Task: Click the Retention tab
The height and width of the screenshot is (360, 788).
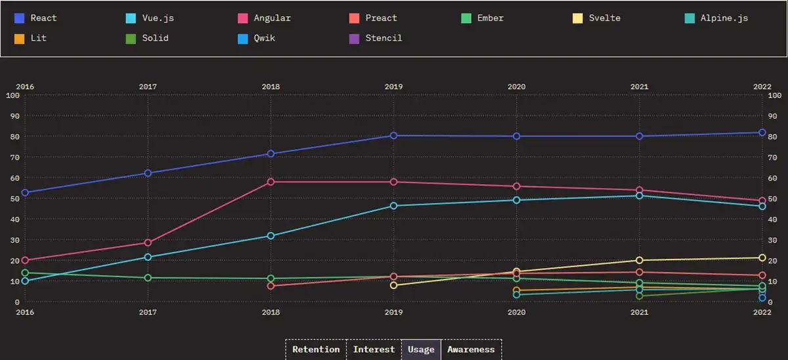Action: click(x=316, y=349)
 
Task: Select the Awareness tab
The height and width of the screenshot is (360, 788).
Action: click(x=471, y=349)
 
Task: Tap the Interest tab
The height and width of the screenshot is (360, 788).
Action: click(x=374, y=349)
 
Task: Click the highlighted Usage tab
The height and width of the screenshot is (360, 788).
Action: click(x=421, y=349)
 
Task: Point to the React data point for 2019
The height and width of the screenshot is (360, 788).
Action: click(x=393, y=135)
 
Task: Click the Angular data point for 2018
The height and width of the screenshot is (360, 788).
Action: click(x=271, y=181)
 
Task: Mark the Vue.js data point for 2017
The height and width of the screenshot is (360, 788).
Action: click(x=148, y=257)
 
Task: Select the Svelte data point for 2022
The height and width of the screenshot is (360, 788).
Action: click(x=762, y=258)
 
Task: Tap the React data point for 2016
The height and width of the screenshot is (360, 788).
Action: click(x=25, y=192)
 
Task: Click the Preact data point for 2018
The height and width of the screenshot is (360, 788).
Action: click(x=271, y=286)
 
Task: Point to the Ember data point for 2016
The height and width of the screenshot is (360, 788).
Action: click(x=25, y=273)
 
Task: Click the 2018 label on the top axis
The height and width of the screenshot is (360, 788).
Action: click(x=271, y=86)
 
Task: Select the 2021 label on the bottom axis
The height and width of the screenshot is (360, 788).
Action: click(x=640, y=312)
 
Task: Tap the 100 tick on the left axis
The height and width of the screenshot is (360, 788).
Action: click(x=12, y=95)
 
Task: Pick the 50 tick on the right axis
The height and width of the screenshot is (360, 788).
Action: click(x=774, y=198)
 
